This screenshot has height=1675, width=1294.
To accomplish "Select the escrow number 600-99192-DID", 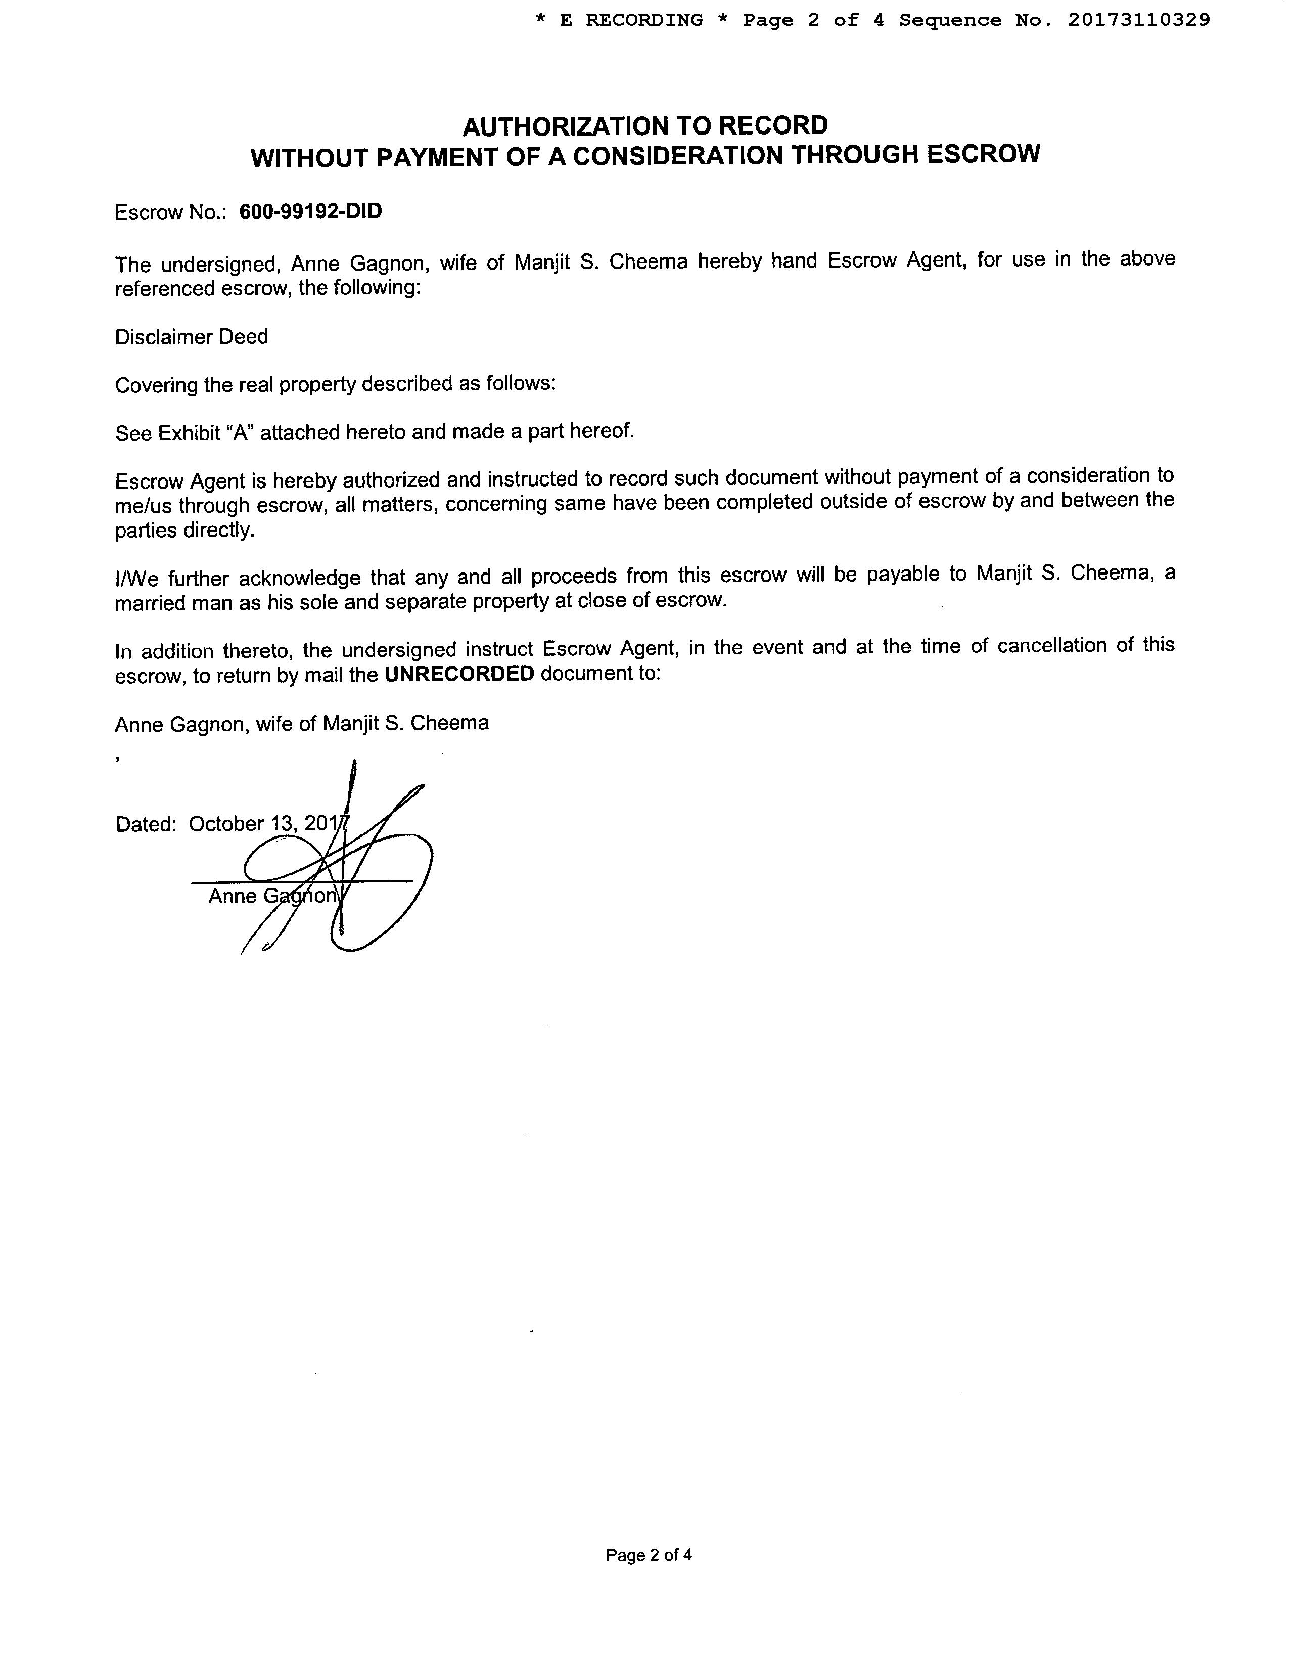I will (x=310, y=212).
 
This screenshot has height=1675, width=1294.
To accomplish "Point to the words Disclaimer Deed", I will (x=192, y=337).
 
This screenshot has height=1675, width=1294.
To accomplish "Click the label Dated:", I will (x=146, y=824).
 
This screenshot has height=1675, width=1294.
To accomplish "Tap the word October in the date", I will (x=226, y=824).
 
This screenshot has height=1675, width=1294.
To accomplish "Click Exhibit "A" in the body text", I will (x=206, y=432).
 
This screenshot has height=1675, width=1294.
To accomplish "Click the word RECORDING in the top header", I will (x=644, y=20).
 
